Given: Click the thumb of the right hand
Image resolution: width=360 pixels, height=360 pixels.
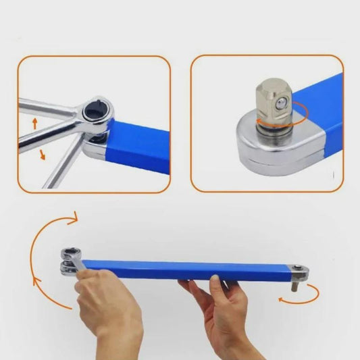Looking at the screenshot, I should tap(215, 284).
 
